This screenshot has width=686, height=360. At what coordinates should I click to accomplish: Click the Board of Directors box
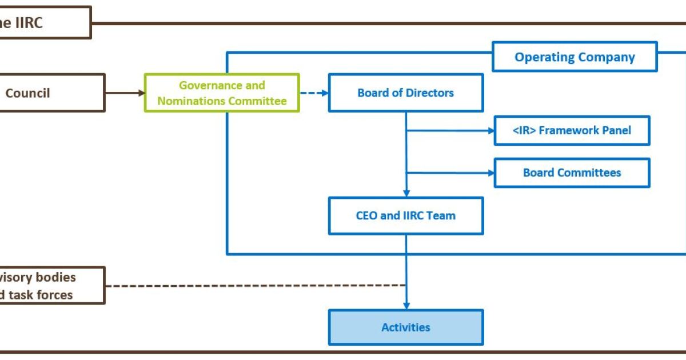coord(405,93)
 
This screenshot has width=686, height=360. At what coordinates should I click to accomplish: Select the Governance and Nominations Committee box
coord(222,93)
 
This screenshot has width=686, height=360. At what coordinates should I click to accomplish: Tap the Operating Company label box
coord(575,57)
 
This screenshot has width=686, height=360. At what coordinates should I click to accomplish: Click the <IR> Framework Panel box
coord(572,130)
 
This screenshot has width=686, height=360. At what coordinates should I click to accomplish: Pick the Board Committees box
coord(572,173)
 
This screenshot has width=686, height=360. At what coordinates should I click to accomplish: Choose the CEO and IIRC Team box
coord(405,216)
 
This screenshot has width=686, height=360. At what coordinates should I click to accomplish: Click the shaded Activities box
coord(405,327)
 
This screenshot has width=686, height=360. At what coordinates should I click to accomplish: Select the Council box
coord(51,93)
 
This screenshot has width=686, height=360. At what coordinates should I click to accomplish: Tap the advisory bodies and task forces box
coord(51,285)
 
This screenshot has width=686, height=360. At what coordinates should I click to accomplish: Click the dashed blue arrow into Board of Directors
coord(314,93)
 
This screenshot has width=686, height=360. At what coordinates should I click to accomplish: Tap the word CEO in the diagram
coord(366,216)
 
